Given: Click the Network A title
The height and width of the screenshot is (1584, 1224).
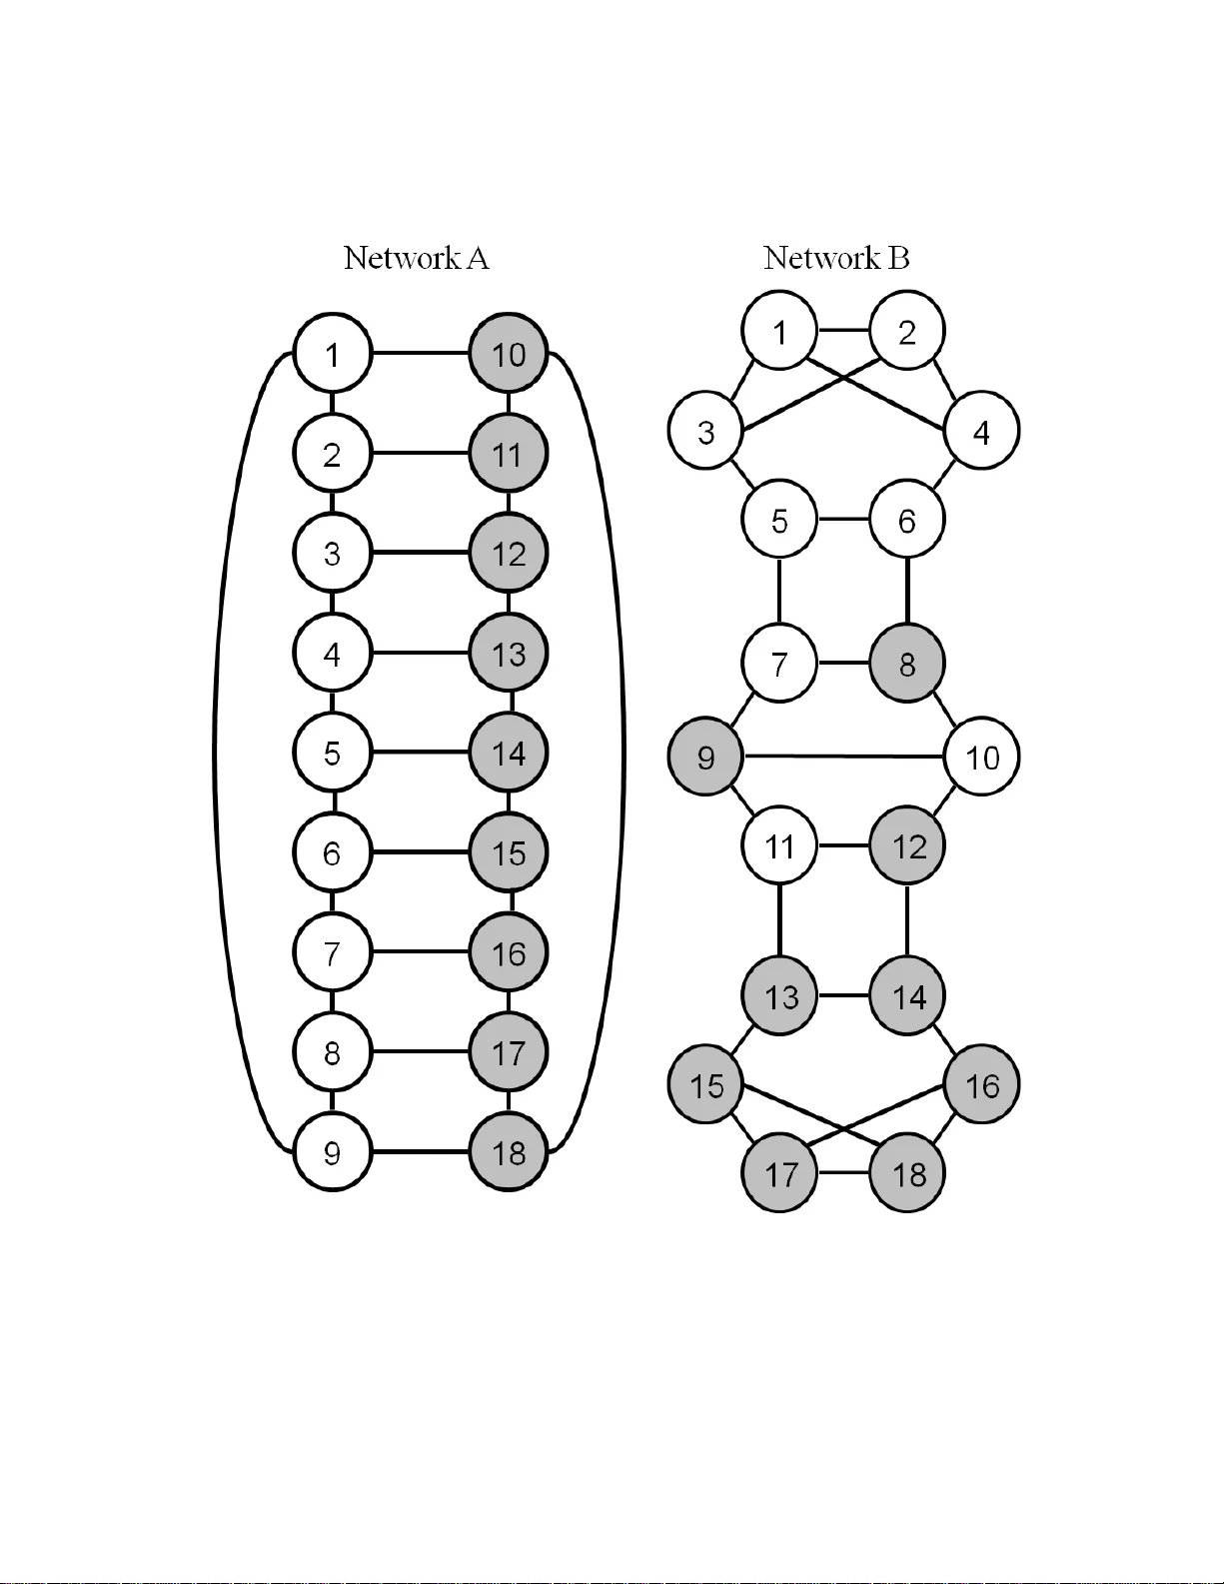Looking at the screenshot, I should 416,258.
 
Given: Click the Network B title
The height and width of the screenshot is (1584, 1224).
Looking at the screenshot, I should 836,258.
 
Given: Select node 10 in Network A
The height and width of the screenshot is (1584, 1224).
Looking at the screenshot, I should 509,354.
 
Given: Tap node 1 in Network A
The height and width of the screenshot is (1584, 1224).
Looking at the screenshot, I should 333,354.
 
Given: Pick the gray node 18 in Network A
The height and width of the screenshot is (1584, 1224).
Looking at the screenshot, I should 509,1152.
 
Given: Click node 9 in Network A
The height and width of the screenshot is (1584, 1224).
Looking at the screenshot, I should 333,1152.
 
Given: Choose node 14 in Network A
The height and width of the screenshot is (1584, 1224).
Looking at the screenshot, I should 509,753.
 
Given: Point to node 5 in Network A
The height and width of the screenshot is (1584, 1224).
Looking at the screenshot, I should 333,753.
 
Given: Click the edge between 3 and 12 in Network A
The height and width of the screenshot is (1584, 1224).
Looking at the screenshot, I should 421,553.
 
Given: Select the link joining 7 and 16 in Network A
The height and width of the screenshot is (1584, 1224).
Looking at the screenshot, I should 421,952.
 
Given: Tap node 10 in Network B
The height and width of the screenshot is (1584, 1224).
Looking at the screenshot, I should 982,757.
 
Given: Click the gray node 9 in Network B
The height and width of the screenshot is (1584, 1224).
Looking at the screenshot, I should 705,757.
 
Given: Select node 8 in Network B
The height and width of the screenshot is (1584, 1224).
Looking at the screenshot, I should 907,664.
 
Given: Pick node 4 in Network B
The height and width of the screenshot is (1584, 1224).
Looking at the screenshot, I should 981,432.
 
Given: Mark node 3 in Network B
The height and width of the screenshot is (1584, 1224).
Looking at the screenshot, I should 705,432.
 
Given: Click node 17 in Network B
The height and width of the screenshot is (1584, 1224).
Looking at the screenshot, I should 780,1173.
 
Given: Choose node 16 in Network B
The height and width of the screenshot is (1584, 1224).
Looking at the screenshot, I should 982,1085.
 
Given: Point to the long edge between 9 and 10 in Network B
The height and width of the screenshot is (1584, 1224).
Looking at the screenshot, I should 844,757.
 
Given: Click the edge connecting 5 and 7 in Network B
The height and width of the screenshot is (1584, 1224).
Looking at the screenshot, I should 779,592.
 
